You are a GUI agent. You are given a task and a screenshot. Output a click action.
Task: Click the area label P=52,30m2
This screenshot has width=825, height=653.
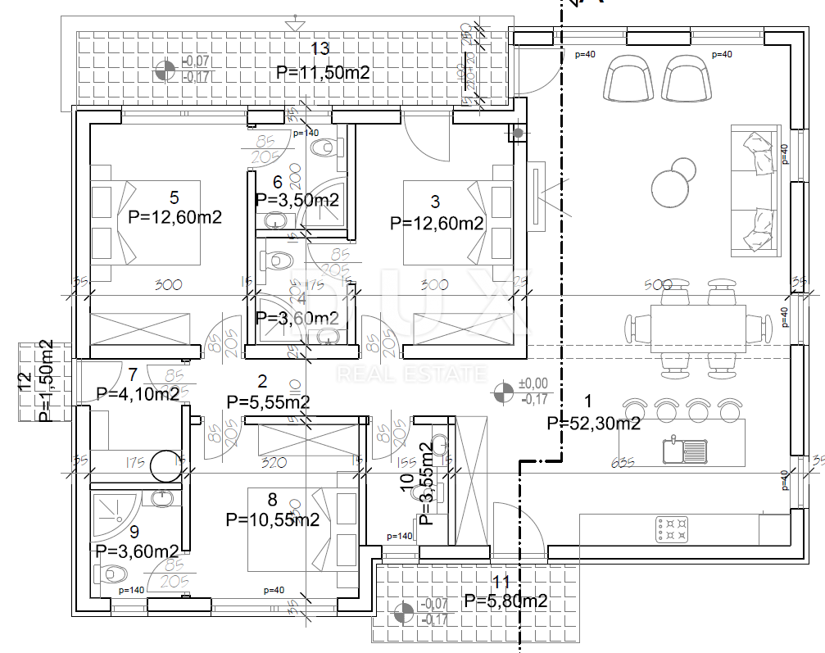tap(593, 423)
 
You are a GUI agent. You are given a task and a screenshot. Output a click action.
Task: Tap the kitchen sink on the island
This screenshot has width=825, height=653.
tap(685, 450)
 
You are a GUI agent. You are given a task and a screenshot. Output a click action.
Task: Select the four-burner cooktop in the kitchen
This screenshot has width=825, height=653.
tap(672, 528)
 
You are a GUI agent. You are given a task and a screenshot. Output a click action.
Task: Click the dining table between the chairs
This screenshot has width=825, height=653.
tap(698, 325)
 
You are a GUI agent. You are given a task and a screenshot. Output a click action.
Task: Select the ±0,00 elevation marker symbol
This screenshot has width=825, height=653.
tap(502, 392)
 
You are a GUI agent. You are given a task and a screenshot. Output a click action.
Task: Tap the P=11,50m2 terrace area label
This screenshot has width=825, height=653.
tap(323, 72)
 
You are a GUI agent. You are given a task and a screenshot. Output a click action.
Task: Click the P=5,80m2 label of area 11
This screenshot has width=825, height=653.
tap(505, 602)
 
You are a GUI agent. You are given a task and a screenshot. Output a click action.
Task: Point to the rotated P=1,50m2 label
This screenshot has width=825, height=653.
tap(47, 381)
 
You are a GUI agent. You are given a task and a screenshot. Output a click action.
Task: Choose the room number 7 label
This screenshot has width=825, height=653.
tap(134, 374)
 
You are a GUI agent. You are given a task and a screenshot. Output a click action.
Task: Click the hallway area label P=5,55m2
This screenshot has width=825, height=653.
tap(268, 402)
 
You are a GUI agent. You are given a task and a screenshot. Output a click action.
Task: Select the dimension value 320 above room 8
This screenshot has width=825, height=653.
tap(273, 463)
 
